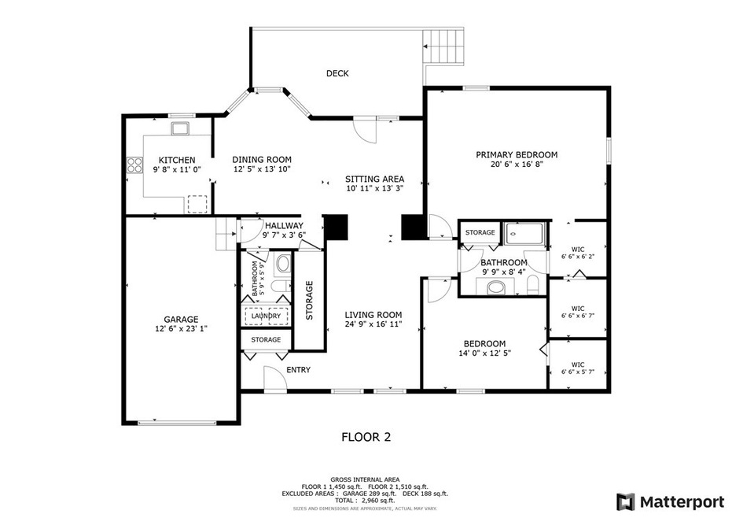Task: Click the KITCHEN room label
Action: coord(177,160)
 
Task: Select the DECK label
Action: coord(337,73)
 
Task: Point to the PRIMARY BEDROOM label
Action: coord(517,154)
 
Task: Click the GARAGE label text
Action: coord(181,319)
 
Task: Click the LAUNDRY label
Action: coord(266,316)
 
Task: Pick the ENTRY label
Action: coord(298,370)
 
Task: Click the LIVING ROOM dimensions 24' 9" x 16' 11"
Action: coord(373,324)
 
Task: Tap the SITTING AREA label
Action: coord(375,179)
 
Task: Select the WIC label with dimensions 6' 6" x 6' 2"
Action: coord(578,252)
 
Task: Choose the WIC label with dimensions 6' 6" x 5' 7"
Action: coord(578,368)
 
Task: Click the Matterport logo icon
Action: coord(626,501)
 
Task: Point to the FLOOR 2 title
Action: coord(366,436)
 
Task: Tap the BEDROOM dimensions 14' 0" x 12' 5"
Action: coord(484,353)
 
